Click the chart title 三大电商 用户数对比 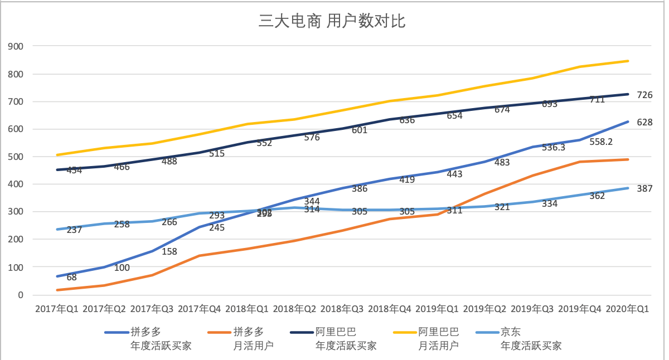click(332, 22)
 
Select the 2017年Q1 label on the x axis click(57, 309)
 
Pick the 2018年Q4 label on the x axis click(390, 309)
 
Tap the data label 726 click(645, 95)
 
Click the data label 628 click(645, 123)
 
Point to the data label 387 click(645, 189)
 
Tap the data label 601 click(360, 130)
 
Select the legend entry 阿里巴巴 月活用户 click(438, 339)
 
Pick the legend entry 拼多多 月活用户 click(253, 339)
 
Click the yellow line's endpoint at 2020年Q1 click(628, 61)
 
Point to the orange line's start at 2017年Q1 click(57, 290)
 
